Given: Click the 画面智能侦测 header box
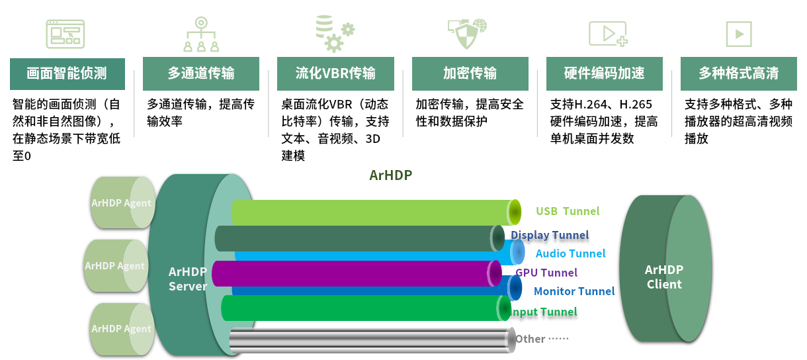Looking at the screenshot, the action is (x=67, y=74).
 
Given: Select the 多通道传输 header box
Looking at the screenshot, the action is (x=201, y=73).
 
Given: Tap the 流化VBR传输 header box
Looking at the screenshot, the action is (x=335, y=73).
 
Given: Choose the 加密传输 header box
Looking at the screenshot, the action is (x=470, y=73).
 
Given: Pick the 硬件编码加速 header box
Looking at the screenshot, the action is (x=605, y=73).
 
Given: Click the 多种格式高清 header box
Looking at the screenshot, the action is (x=739, y=73).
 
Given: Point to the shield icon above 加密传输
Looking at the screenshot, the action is (x=467, y=34).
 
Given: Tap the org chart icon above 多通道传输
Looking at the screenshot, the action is (x=201, y=34).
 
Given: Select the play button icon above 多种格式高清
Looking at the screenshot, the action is (x=739, y=34).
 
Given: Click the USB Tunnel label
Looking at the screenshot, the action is (x=568, y=211).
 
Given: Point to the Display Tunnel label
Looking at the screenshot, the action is (x=550, y=235).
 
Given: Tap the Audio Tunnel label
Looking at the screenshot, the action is (x=570, y=253).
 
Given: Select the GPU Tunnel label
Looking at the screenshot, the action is (x=546, y=273).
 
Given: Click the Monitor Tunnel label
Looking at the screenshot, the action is (x=574, y=291).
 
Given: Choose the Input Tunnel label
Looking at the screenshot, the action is (x=544, y=312).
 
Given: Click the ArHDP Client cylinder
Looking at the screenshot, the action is (x=665, y=269).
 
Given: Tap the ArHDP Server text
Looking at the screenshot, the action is (x=188, y=279).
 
